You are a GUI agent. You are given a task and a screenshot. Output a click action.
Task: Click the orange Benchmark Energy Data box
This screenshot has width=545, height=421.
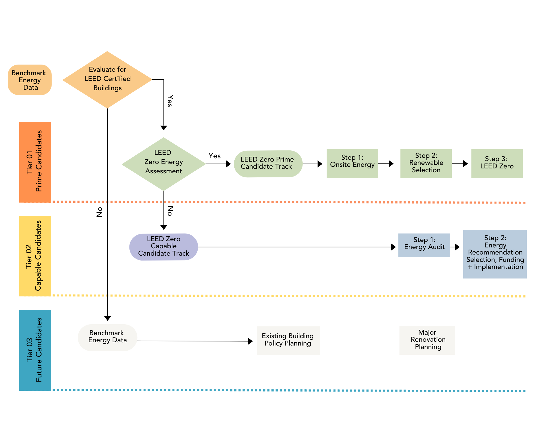[x=30, y=80]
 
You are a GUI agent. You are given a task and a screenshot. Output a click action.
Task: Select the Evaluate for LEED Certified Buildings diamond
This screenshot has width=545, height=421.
[x=107, y=80]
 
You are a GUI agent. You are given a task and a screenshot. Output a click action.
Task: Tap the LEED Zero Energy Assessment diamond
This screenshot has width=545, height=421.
[x=163, y=164]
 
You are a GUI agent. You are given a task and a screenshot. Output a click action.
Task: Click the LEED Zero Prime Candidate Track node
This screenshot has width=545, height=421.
[x=268, y=163]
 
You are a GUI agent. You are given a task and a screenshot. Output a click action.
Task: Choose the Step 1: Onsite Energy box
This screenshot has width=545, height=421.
[x=352, y=163]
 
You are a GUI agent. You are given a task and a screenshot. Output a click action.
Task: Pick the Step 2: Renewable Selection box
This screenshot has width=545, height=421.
[x=426, y=163]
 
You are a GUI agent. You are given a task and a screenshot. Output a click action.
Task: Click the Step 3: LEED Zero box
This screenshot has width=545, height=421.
[x=497, y=163]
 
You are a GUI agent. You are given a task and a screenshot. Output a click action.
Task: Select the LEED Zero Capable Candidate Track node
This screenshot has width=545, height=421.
[x=163, y=247]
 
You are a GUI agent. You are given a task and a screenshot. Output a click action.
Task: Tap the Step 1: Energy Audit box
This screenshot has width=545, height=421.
[x=424, y=245]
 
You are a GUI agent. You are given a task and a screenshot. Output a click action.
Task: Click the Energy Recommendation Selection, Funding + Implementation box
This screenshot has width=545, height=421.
[x=495, y=254]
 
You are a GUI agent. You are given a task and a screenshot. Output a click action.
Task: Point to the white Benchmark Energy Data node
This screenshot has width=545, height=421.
[x=107, y=337]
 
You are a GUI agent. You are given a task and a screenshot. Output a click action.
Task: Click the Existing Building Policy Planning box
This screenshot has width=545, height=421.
[x=288, y=340]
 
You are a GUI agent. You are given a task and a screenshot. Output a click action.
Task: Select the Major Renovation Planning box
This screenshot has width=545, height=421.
[x=427, y=340]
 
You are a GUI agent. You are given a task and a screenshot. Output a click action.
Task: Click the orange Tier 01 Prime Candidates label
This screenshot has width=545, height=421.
[x=35, y=162]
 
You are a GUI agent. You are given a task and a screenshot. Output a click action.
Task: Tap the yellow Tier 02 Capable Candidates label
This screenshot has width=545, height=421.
[x=35, y=256]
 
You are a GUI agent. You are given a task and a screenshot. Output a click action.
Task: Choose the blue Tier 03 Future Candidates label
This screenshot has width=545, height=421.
[x=35, y=350]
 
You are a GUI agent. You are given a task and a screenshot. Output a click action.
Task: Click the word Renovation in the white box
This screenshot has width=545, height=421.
[x=428, y=340]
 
